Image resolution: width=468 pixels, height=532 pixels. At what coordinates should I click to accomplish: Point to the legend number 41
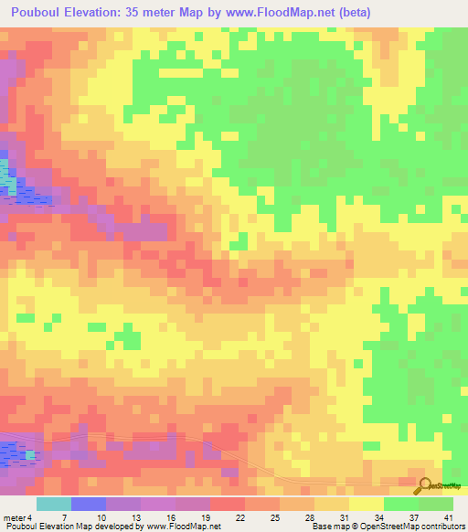point(448,516)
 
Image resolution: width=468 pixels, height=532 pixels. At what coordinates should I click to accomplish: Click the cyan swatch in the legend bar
point(54,504)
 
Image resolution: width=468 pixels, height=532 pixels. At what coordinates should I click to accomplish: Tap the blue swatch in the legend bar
point(89,504)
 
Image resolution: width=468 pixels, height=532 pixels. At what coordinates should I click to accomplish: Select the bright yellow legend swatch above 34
point(366,504)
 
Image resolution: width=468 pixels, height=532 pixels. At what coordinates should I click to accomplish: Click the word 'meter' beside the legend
point(14,516)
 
